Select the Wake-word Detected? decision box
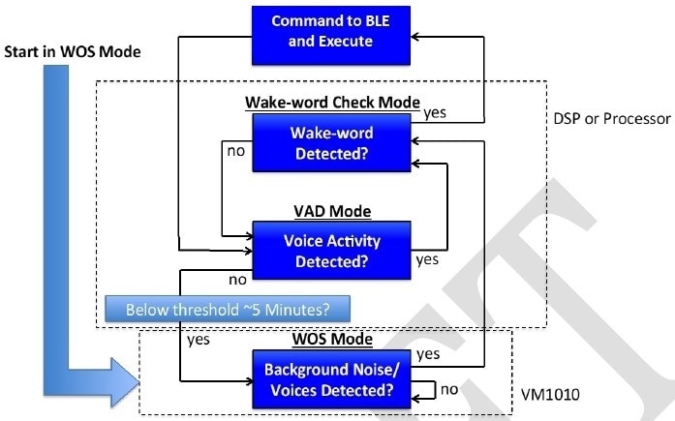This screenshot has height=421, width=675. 331,141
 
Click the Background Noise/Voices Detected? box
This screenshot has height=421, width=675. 331,381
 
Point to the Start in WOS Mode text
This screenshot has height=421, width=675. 74,50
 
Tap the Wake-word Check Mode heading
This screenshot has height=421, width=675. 331,103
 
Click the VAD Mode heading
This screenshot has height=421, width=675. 331,211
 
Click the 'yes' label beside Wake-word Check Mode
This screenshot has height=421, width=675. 435,113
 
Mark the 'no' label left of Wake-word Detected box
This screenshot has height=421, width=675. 235,151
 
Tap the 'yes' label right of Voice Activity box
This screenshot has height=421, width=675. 427,260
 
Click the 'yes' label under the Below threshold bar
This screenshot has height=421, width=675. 199,341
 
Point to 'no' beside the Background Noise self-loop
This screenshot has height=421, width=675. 447,391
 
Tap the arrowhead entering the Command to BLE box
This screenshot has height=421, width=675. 416,36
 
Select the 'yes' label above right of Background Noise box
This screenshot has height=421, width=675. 427,354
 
